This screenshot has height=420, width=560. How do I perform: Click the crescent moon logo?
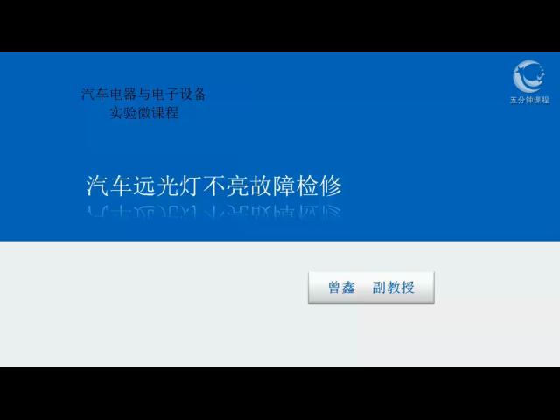pos(528,76)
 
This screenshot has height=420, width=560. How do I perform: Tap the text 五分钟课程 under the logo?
pos(529,100)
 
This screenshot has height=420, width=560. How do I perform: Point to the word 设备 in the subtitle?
pos(192,94)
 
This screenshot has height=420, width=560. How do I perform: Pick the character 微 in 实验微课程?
pos(144,113)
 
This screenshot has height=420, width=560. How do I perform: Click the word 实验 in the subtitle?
pos(123,113)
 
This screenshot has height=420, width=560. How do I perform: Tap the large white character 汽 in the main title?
pos(97,185)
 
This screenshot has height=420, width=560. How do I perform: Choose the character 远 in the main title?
pos(143,185)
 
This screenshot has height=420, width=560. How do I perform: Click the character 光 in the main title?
pos(167,185)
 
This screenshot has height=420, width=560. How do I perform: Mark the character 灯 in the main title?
pos(191,185)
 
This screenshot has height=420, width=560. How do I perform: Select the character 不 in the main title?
pos(213,185)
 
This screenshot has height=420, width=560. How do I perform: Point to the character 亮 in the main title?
pos(237,185)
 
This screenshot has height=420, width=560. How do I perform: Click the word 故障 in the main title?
pos(272,185)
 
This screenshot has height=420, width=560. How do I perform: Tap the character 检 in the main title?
pos(307,185)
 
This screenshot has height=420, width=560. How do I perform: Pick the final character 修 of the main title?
pos(331,185)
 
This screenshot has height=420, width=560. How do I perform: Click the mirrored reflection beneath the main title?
pos(213,211)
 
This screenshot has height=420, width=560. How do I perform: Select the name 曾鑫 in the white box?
pos(341,288)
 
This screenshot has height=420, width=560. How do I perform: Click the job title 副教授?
pos(393,288)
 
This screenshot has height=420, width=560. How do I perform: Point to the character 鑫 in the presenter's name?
pos(348,288)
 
